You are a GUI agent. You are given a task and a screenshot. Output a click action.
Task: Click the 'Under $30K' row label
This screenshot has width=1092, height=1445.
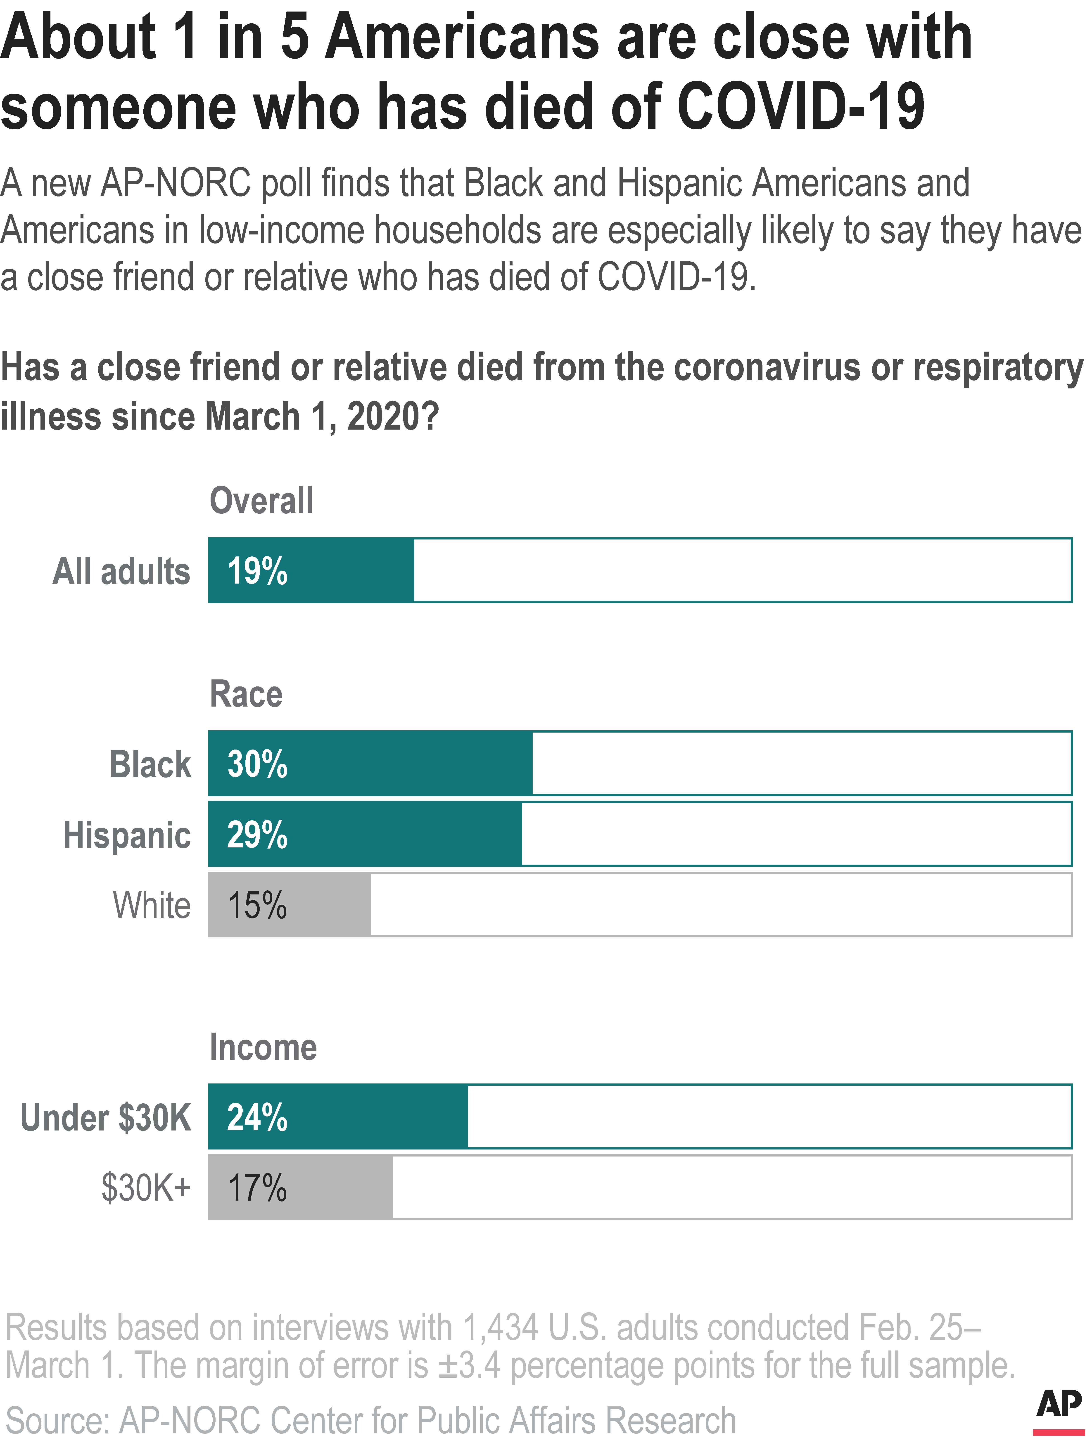(106, 1118)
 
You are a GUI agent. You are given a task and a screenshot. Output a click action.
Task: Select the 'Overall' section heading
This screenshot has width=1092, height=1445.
(261, 501)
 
